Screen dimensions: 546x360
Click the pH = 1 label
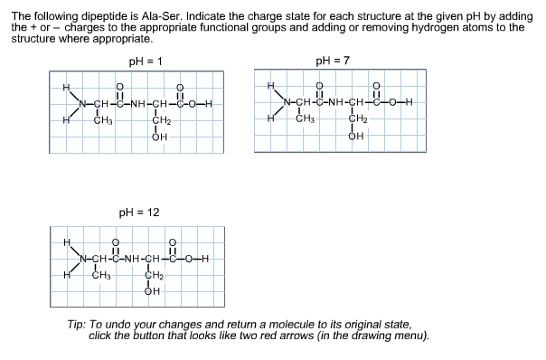(x=146, y=62)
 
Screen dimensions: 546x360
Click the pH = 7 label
(x=333, y=62)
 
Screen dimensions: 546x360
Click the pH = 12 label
(x=139, y=213)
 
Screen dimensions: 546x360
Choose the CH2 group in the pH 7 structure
(x=357, y=118)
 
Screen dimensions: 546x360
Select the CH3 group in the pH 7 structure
(x=306, y=118)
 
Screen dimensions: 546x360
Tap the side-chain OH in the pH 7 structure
(x=355, y=137)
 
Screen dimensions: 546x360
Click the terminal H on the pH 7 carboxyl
(x=409, y=102)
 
